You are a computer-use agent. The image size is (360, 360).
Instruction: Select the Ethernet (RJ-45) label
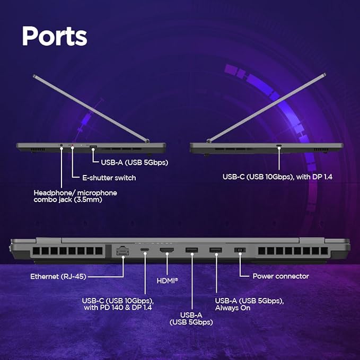(59, 276)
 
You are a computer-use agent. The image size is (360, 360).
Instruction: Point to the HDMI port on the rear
(168, 250)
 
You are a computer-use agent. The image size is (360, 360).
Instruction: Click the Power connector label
(280, 276)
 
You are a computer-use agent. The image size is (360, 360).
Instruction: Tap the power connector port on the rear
(240, 250)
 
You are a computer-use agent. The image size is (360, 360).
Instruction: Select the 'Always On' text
(233, 308)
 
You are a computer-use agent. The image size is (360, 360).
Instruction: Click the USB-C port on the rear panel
(144, 250)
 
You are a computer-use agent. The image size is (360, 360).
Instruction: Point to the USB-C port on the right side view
(278, 145)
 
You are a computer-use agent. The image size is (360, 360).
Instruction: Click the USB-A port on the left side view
(93, 146)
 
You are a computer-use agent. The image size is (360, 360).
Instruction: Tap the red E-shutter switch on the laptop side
(72, 146)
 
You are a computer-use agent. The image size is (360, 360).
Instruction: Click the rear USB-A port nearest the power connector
(215, 250)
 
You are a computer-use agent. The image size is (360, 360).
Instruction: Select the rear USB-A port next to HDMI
(191, 250)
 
